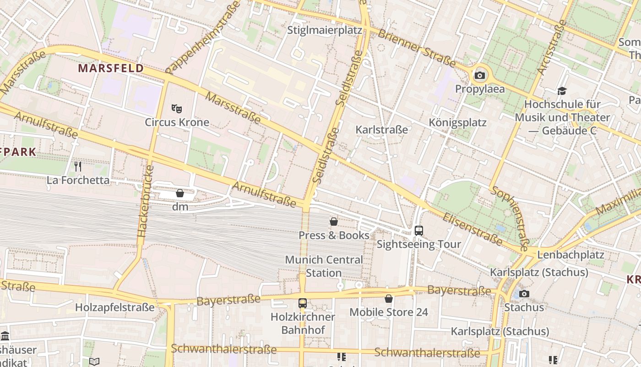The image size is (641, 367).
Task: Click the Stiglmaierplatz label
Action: [325, 30]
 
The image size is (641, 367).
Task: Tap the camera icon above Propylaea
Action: [480, 75]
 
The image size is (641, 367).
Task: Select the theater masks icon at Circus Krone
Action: [177, 109]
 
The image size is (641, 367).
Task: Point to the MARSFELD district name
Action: [111, 68]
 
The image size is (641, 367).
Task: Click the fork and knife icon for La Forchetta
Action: [78, 166]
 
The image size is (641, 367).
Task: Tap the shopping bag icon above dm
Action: [180, 193]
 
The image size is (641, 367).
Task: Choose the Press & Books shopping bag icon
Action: [334, 222]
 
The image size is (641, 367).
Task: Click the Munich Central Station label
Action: [324, 266]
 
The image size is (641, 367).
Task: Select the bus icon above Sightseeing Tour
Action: [418, 230]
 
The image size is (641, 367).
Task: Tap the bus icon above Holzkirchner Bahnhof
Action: [302, 303]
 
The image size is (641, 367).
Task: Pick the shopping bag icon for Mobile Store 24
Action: [389, 299]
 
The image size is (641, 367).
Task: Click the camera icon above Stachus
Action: [524, 294]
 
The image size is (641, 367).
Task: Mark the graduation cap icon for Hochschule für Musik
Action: [562, 91]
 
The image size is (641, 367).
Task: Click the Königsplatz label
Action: [457, 122]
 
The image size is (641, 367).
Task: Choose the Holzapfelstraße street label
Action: [115, 307]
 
